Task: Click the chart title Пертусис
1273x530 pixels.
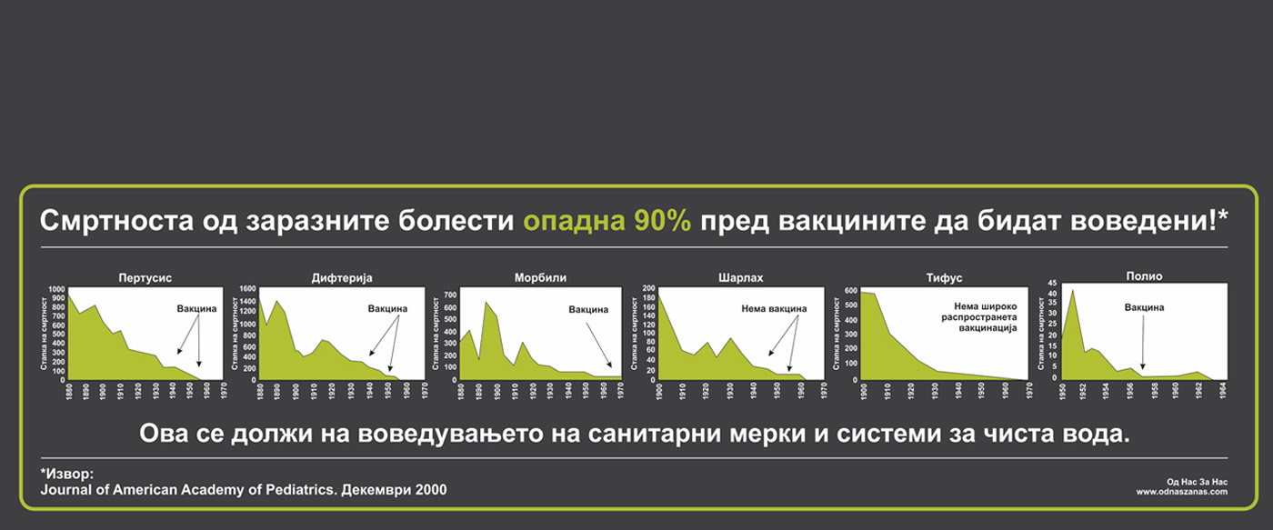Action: pos(145,278)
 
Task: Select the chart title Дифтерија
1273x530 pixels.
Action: pos(342,278)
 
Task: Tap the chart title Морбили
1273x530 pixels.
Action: pos(540,278)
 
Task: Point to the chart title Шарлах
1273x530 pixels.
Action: pos(740,278)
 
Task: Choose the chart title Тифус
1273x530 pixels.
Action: pos(944,278)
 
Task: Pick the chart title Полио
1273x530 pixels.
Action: pos(1144,276)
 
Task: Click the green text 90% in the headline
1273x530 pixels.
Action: pos(663,221)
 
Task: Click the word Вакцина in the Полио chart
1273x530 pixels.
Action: pos(1144,307)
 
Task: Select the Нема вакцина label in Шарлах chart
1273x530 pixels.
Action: pos(774,309)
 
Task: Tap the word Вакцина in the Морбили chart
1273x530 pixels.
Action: pos(588,310)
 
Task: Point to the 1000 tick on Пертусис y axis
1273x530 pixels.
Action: pos(56,289)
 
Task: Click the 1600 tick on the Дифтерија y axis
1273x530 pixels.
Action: pos(247,288)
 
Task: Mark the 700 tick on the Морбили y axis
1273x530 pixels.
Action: pos(450,295)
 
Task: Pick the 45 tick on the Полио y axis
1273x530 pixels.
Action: pos(1052,283)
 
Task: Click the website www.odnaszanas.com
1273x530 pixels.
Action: pos(1181,492)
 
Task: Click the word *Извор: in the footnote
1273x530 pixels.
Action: pos(67,474)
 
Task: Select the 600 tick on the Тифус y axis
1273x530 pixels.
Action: pos(850,291)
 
